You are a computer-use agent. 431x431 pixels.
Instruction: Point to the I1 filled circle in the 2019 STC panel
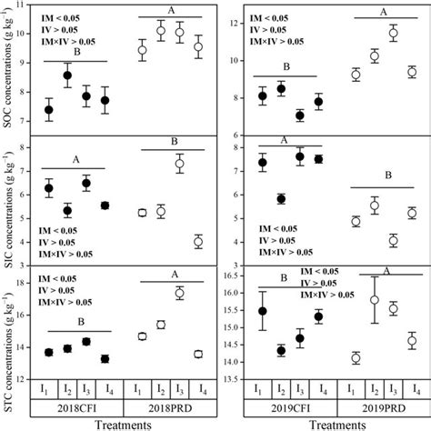263,311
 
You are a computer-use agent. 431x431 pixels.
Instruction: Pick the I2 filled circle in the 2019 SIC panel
282,198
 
